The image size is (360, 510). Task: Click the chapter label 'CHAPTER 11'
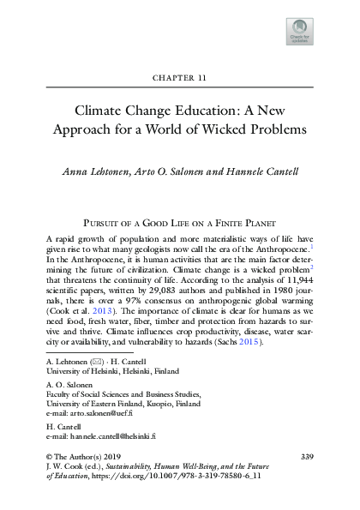coord(180,76)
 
